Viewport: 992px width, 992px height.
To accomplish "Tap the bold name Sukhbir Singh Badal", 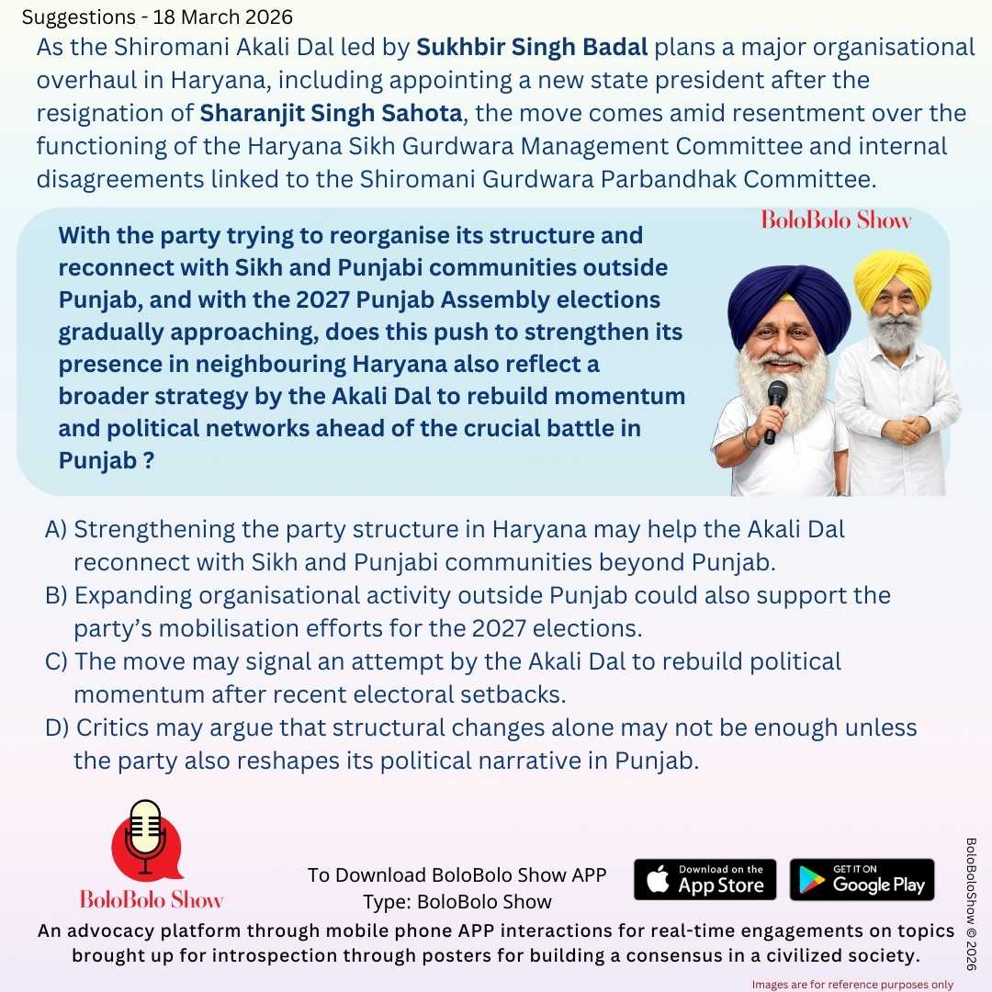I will tap(534, 48).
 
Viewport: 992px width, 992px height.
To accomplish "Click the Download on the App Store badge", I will tap(705, 879).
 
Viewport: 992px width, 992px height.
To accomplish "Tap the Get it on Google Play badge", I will tap(862, 879).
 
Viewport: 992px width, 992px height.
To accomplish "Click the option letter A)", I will tap(56, 530).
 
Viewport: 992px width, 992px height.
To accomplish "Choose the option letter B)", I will tap(56, 596).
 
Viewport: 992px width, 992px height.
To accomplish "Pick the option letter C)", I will tap(56, 662).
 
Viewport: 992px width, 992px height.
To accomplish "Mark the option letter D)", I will tap(57, 728).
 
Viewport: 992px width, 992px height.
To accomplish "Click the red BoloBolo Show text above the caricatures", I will tap(836, 220).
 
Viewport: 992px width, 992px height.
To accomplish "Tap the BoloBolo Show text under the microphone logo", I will tap(152, 898).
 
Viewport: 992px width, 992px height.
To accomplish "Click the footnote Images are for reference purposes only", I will tap(852, 984).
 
